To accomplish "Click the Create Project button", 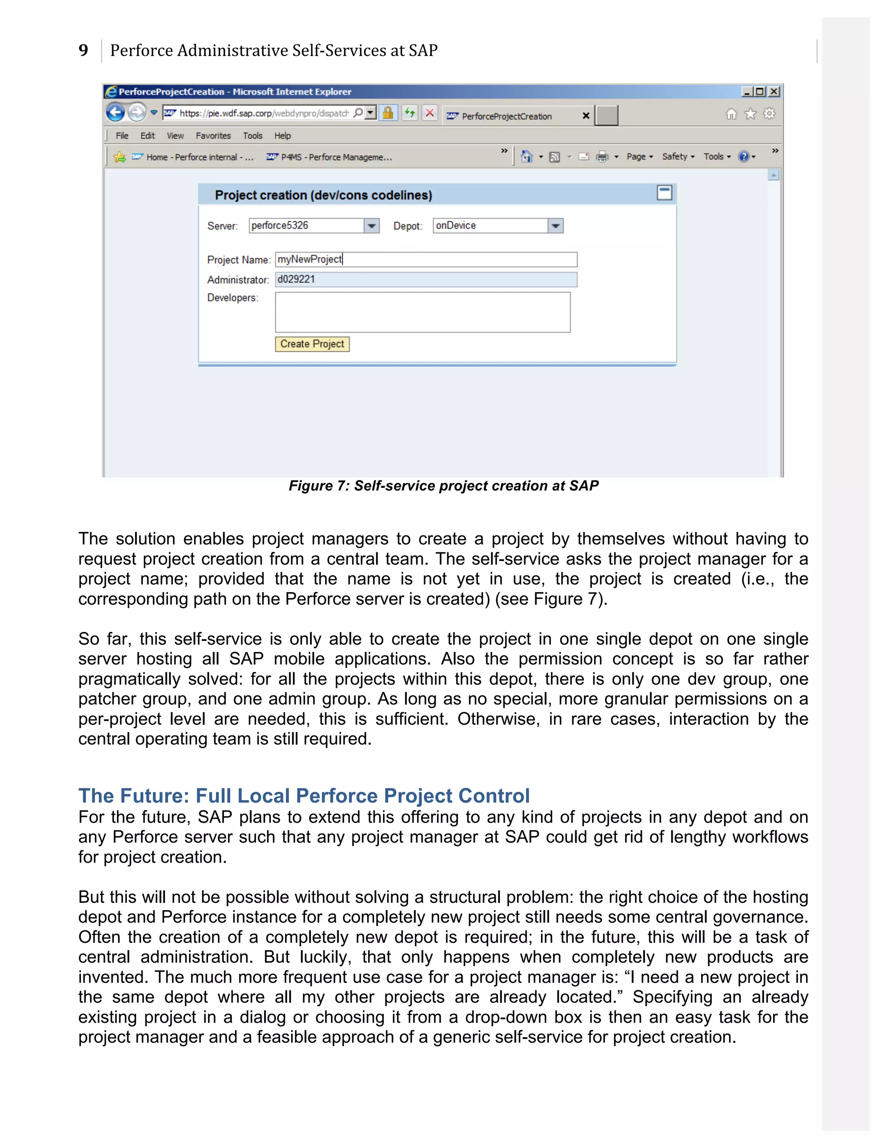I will (x=312, y=344).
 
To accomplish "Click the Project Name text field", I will (x=426, y=259).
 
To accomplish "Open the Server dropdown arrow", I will (x=372, y=226).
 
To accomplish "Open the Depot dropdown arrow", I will (x=555, y=226).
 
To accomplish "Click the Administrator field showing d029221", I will (x=426, y=280).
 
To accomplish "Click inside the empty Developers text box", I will (x=422, y=312).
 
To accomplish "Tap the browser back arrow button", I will (x=115, y=113).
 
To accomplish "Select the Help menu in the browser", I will (x=282, y=136).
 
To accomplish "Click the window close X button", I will (x=774, y=91).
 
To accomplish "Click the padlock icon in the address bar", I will (x=388, y=113).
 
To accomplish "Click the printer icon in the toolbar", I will (x=602, y=157).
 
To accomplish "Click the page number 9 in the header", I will (x=83, y=50).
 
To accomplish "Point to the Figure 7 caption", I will (x=443, y=486).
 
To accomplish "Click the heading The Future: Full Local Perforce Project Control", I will (x=304, y=796).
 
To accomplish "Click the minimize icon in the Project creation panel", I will (x=664, y=193).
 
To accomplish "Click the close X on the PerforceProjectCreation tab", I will (x=586, y=116).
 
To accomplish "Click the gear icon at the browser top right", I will (x=769, y=114).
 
